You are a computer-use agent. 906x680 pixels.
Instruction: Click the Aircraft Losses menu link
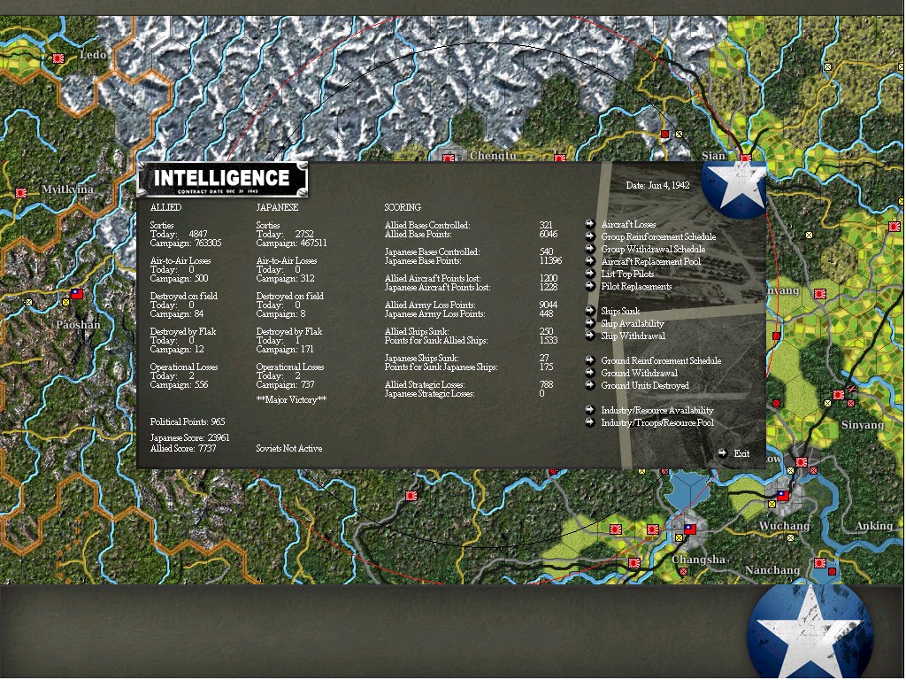pos(628,225)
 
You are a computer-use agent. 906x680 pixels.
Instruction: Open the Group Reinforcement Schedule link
pos(658,237)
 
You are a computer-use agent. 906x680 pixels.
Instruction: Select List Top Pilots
pos(627,274)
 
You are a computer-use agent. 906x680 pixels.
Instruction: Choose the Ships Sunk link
pos(620,312)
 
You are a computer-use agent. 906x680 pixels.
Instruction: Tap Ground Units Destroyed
pos(645,386)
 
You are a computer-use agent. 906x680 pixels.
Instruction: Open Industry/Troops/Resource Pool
pos(656,423)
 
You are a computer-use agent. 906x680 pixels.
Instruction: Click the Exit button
pos(741,454)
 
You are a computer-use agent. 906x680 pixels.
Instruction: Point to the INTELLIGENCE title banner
pos(222,179)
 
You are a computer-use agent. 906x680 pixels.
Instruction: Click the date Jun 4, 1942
pos(657,186)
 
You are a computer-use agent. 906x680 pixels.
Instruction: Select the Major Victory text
pos(291,400)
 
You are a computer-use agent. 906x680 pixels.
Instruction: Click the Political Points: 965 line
pos(188,422)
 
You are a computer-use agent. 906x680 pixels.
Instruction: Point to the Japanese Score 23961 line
pos(189,437)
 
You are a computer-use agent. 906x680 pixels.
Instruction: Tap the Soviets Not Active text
pos(289,449)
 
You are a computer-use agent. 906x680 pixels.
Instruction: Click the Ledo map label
pos(93,55)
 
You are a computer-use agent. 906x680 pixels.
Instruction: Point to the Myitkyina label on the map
pos(67,189)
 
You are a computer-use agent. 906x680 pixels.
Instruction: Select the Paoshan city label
pos(78,325)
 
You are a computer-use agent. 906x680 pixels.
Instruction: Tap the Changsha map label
pos(698,560)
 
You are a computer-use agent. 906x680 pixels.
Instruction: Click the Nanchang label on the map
pos(772,570)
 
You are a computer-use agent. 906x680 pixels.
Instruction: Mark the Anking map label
pos(873,526)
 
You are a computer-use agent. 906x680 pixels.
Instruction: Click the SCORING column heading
pos(403,207)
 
